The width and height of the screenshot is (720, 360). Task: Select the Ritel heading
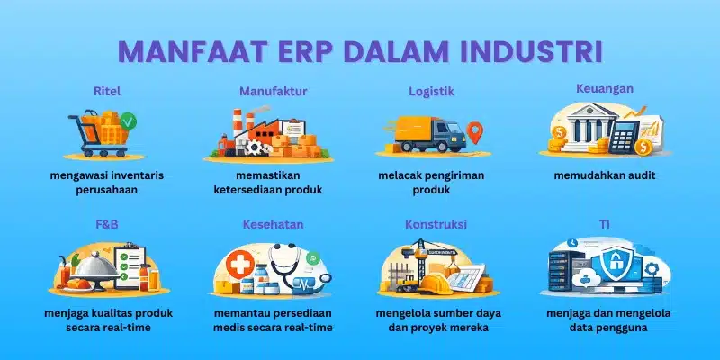click(106, 91)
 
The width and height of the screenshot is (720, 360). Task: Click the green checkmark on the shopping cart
click(128, 120)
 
